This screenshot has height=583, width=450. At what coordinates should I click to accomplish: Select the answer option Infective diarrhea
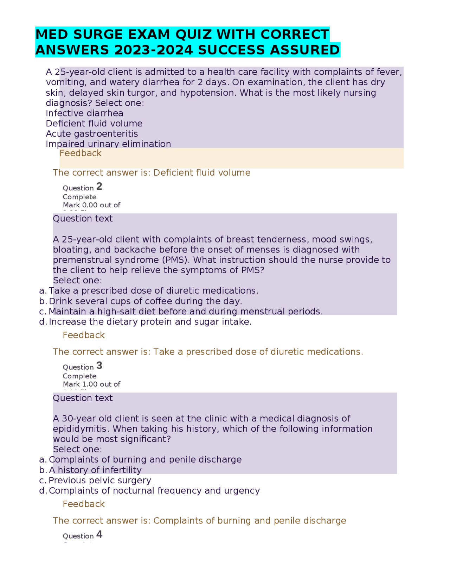click(84, 113)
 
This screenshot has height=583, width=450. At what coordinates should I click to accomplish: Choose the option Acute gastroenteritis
click(92, 134)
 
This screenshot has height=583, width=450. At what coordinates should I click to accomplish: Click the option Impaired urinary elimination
click(108, 144)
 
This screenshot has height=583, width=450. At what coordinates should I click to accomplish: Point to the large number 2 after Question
click(99, 186)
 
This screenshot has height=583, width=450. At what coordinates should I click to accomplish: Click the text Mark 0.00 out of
click(91, 205)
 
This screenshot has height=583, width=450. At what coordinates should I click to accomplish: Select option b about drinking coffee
click(145, 301)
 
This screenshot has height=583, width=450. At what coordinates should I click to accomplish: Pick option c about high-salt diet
click(185, 312)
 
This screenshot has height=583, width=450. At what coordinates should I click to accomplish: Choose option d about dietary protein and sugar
click(150, 322)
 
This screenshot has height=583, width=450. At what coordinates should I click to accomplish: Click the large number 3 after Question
click(99, 366)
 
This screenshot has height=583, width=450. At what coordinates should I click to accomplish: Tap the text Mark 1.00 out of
click(91, 384)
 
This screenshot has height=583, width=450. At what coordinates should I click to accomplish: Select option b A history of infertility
click(95, 470)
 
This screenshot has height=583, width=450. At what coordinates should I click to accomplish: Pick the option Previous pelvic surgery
click(100, 481)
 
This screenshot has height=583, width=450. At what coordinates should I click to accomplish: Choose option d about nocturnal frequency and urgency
click(154, 491)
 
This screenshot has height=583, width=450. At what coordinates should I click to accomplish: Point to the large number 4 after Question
click(99, 534)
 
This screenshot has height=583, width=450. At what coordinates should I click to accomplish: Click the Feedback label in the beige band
click(81, 153)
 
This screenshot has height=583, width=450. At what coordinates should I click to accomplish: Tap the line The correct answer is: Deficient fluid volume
click(152, 173)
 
